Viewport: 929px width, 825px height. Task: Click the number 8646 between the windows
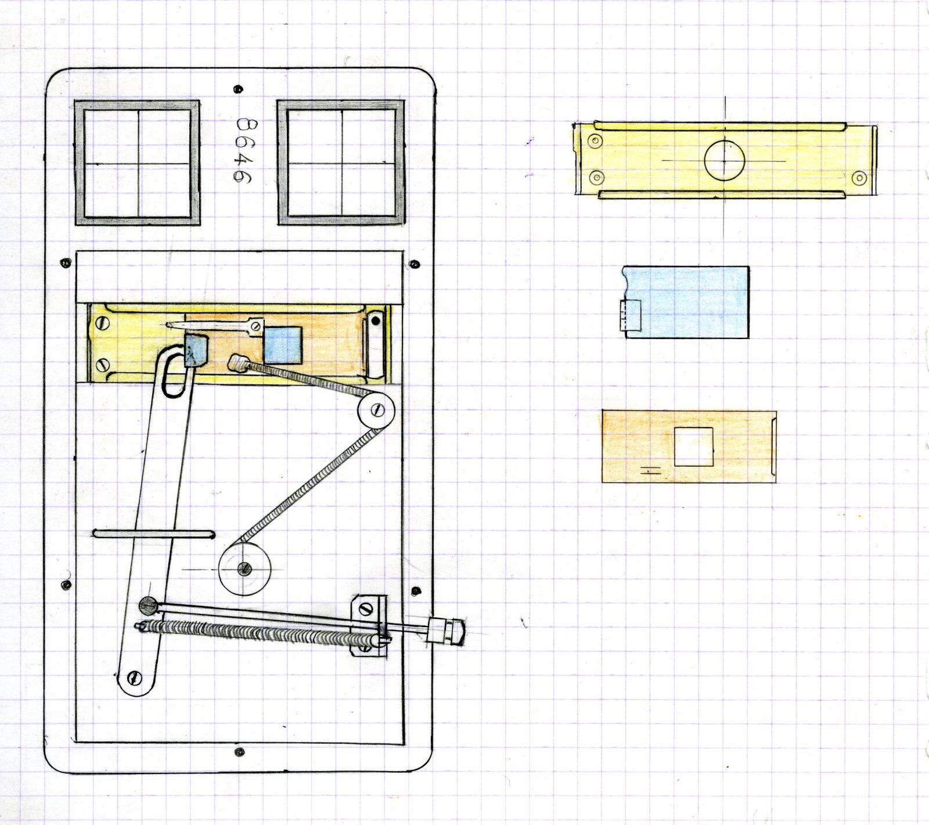point(244,151)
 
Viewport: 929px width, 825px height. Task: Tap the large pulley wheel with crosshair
point(244,568)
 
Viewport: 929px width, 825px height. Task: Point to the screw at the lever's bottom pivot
point(135,677)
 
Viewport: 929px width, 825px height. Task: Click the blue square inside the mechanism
point(283,344)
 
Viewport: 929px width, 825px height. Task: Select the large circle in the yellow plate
point(724,160)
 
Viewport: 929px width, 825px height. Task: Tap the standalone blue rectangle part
point(685,302)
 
